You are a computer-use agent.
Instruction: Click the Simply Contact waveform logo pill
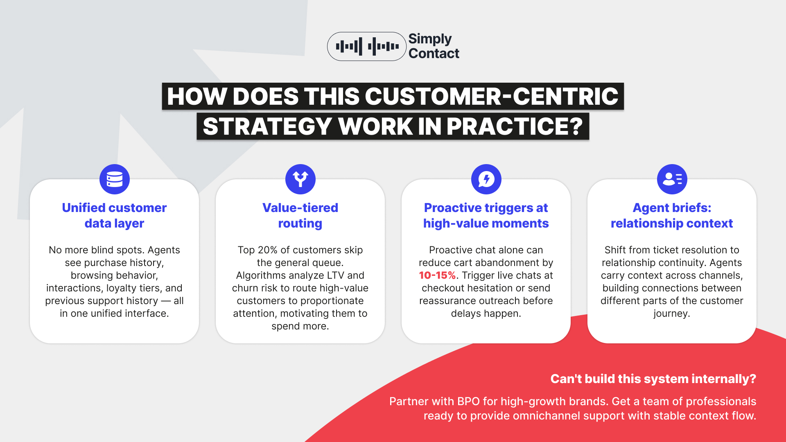pos(366,47)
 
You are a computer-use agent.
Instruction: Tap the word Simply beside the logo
pos(430,39)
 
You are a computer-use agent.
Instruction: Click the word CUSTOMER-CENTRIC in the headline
pos(491,97)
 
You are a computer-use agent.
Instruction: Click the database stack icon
pos(115,179)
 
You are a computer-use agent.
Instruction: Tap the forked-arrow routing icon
pos(300,179)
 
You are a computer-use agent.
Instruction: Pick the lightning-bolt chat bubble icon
pos(486,179)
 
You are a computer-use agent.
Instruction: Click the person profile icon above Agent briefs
pos(672,179)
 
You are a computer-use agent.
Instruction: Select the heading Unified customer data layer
pos(114,215)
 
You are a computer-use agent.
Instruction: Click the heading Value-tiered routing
pos(300,215)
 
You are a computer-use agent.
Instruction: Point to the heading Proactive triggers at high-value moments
pos(486,215)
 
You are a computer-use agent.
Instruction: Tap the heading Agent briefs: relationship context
pos(672,215)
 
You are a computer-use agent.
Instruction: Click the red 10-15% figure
pos(437,275)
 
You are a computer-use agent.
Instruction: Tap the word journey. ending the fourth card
pos(672,313)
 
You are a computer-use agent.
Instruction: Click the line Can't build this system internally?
pos(653,379)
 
